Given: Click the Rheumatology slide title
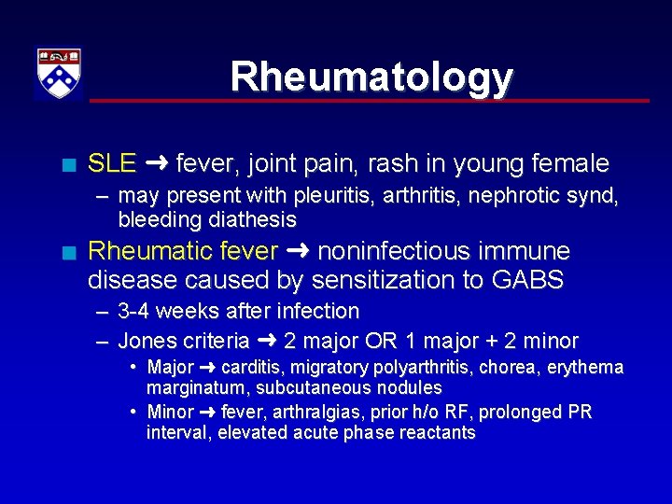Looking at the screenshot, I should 371,77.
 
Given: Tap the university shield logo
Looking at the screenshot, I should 59,73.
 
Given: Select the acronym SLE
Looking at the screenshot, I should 111,164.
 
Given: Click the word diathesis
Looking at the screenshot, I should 254,220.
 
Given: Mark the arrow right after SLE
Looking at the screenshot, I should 156,164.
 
